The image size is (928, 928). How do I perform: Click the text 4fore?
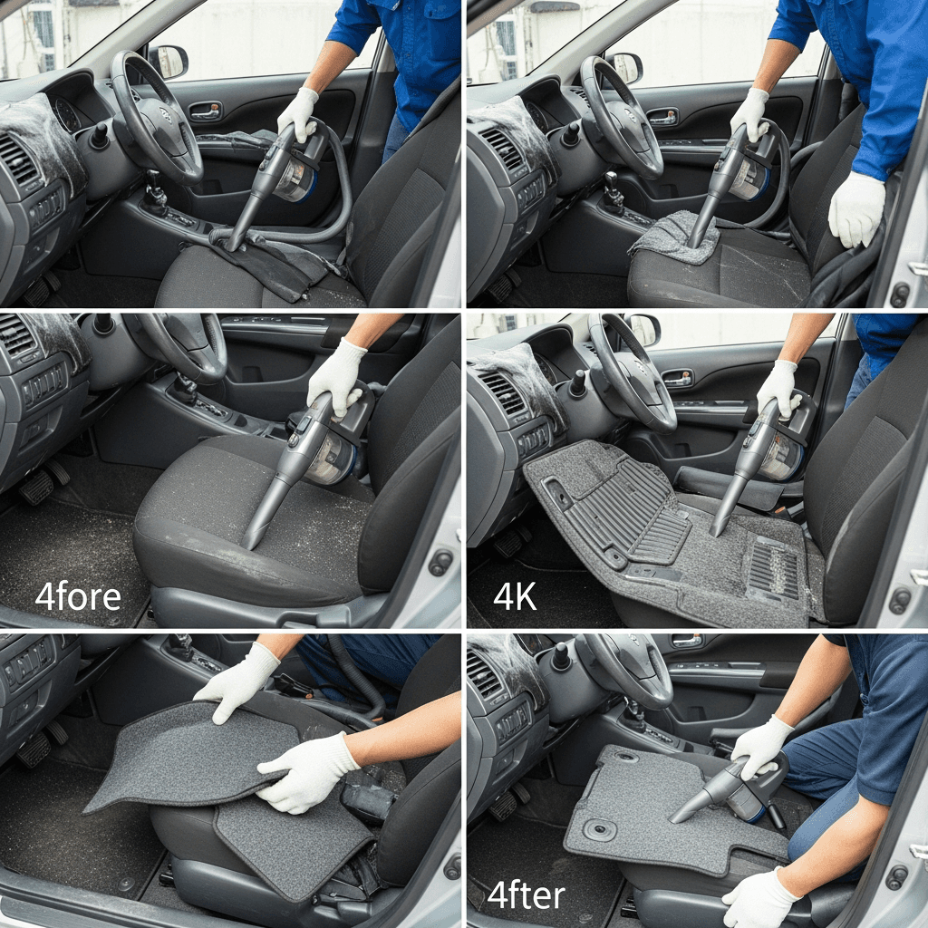click(78, 596)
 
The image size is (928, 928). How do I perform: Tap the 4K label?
click(515, 596)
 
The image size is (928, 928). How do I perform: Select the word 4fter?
click(527, 895)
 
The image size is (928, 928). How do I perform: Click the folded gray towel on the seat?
click(674, 238)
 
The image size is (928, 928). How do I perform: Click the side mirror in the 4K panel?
click(643, 329)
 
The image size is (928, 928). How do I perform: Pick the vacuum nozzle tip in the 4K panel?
click(719, 528)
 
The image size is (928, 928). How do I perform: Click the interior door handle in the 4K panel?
click(677, 378)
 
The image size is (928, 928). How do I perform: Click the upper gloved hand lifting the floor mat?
click(238, 681)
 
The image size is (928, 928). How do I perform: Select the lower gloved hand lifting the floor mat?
click(305, 772)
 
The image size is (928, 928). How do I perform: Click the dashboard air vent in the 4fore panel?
click(15, 335)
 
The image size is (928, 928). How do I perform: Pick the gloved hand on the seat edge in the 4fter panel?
click(760, 898)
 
